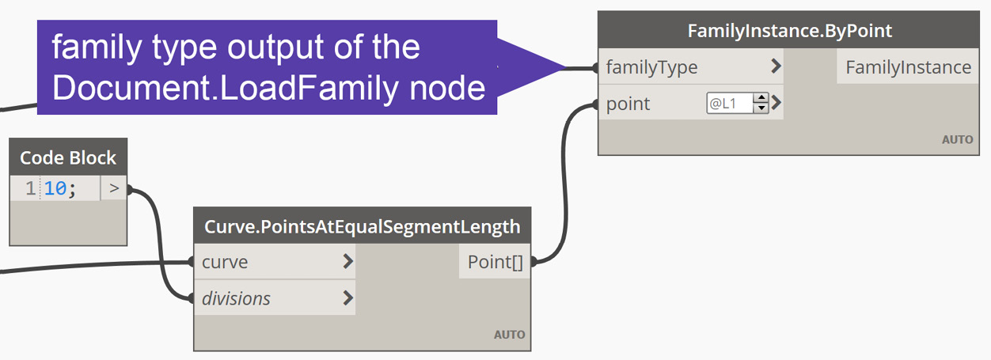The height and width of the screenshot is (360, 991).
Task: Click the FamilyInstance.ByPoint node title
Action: (x=789, y=31)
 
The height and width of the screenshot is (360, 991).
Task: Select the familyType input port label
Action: (x=651, y=67)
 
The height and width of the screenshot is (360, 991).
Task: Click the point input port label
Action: (x=628, y=104)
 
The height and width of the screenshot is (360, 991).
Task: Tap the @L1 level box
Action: (x=729, y=103)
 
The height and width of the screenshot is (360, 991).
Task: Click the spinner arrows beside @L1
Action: (x=761, y=103)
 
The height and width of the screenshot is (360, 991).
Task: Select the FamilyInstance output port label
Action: (x=908, y=67)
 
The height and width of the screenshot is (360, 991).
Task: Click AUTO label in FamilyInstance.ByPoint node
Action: (x=957, y=139)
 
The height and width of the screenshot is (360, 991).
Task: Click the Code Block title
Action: (x=68, y=157)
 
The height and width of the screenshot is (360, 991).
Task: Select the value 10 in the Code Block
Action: (x=55, y=189)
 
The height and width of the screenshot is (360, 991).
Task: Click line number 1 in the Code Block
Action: (x=30, y=189)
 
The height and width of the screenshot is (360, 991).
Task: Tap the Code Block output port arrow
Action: (x=114, y=189)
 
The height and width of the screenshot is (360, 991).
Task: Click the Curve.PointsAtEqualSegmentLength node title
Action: (x=363, y=227)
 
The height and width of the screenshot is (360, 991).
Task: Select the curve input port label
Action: (x=225, y=262)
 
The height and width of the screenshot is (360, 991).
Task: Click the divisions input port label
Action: (x=236, y=298)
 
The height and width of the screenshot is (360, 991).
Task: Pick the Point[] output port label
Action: (x=495, y=262)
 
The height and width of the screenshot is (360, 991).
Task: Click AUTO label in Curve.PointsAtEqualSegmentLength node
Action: (x=509, y=335)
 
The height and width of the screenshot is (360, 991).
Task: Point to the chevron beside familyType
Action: (x=776, y=67)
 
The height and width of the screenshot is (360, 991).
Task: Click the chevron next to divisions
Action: (x=347, y=298)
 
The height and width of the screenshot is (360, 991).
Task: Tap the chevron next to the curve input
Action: (x=347, y=262)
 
